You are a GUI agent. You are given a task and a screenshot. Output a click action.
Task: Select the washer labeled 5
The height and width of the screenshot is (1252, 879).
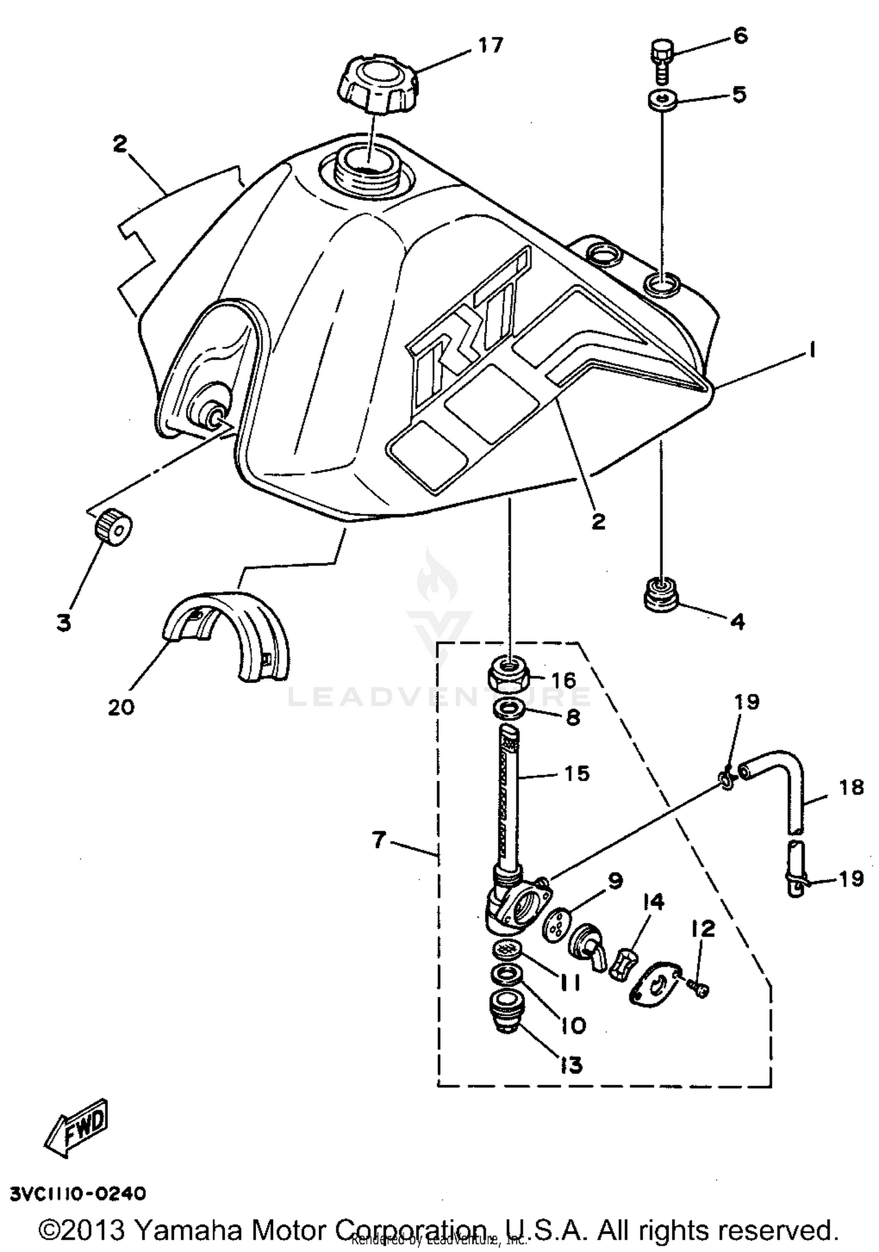click(x=663, y=100)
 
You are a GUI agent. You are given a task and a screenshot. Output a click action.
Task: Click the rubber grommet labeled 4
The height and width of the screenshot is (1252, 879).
click(x=662, y=594)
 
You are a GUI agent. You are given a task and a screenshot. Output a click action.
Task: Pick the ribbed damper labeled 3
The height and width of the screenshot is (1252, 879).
click(x=112, y=528)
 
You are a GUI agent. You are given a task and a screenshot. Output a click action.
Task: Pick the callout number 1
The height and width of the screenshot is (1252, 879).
click(x=812, y=350)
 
